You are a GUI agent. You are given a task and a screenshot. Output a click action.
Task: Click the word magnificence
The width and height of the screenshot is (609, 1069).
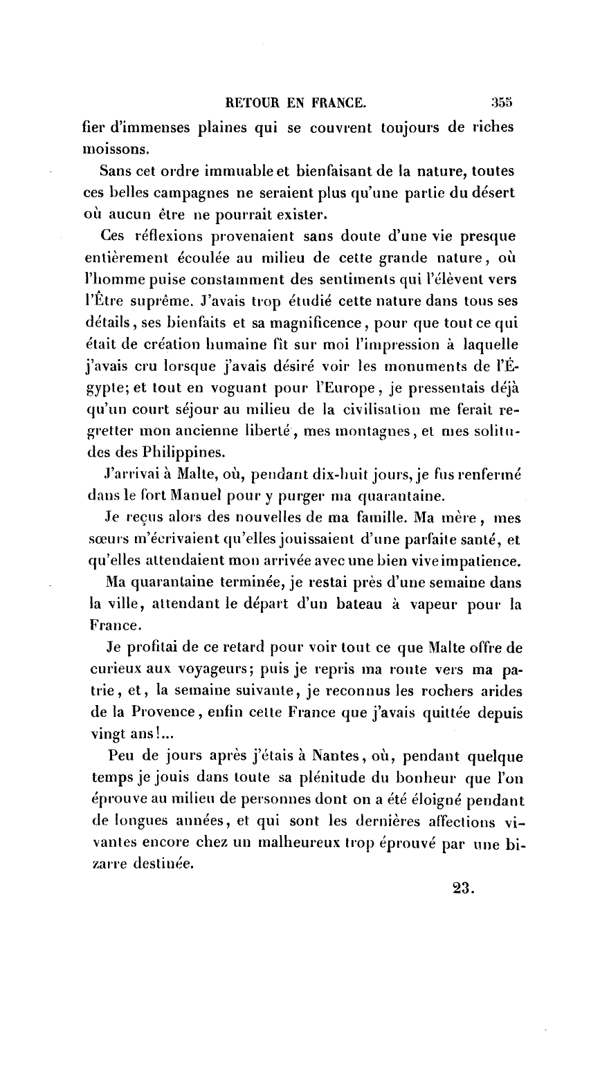326,324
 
